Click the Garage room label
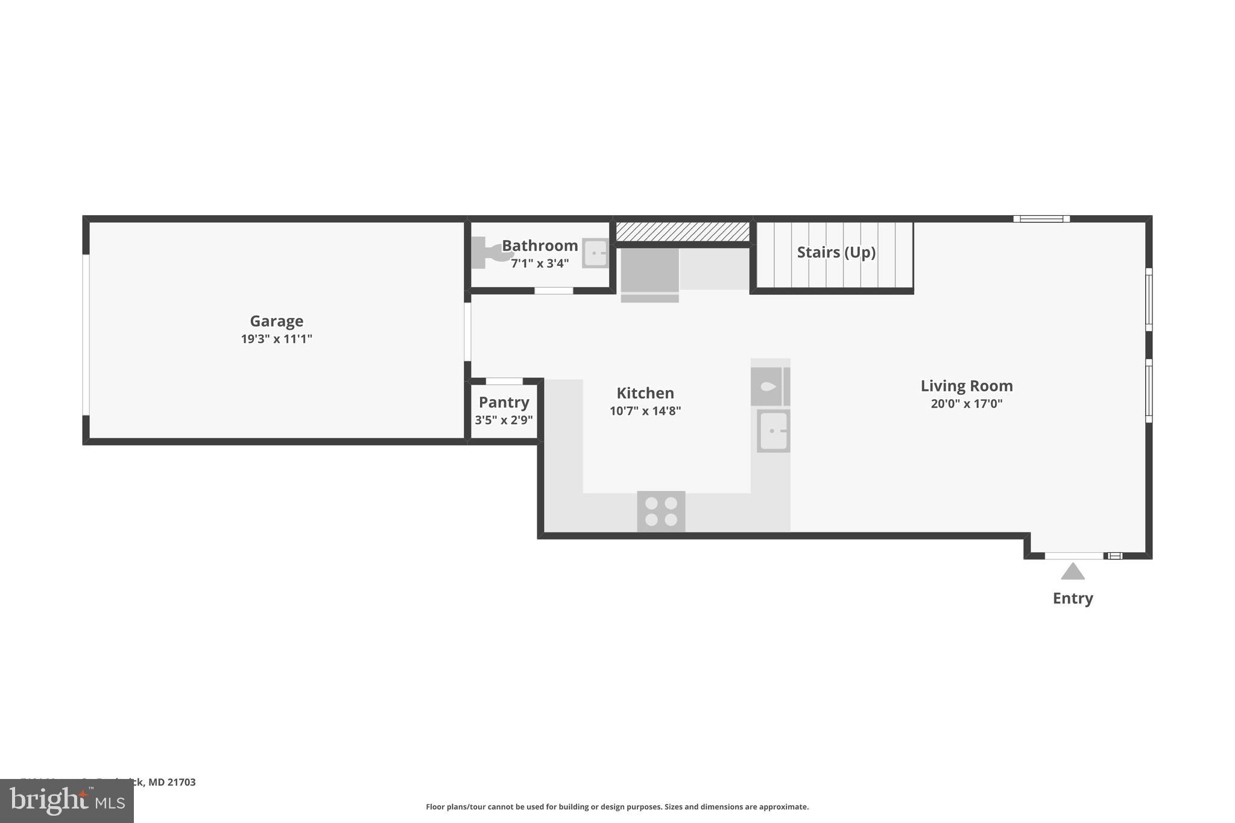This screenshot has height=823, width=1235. coord(276,321)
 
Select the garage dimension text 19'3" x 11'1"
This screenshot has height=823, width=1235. coord(276,339)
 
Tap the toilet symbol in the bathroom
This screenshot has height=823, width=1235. coord(487,253)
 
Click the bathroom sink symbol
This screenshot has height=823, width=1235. coord(595,253)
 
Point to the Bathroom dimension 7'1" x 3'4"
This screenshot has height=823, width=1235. coord(540,263)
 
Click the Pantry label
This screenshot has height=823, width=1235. coord(504,402)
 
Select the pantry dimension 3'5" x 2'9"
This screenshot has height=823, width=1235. coord(504,420)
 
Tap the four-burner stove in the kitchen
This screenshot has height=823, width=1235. coord(661,511)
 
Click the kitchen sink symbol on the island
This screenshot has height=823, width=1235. coord(773,431)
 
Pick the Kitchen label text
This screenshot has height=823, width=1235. coord(645,393)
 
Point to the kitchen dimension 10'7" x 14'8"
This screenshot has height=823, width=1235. coord(645,411)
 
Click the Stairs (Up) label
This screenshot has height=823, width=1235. coord(836,252)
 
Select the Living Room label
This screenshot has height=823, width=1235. coord(966,386)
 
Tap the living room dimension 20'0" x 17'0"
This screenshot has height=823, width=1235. coord(966,404)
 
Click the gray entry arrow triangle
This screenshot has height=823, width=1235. coord(1073,572)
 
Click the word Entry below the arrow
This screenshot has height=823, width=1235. coord(1072,598)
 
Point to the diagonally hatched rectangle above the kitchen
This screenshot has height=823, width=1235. coord(682,232)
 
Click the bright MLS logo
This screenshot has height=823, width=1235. coord(67,801)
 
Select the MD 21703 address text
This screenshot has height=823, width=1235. coord(172,782)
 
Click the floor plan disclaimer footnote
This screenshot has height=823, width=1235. coord(617,807)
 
